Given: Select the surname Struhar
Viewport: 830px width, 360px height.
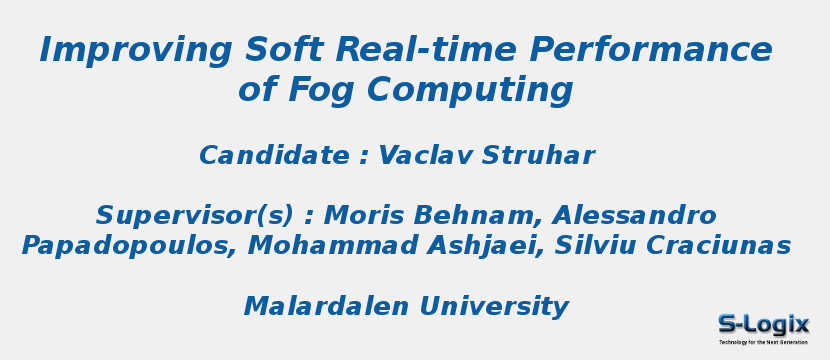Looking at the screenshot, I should pyautogui.click(x=538, y=156).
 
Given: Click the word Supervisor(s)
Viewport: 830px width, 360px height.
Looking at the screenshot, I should pyautogui.click(x=195, y=216).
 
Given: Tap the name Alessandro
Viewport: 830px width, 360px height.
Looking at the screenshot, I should pyautogui.click(x=635, y=216).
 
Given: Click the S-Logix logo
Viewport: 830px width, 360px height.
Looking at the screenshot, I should pyautogui.click(x=763, y=327).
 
